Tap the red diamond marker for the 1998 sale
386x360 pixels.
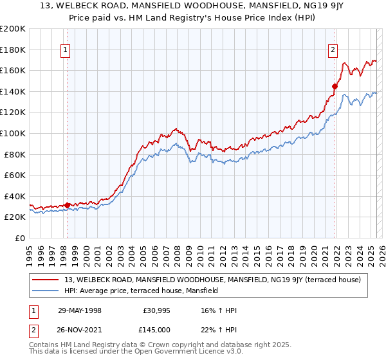pos(68,206)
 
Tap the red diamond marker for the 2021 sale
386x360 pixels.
pos(335,86)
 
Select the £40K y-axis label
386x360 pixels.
pos(15,196)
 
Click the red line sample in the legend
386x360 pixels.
pos(46,280)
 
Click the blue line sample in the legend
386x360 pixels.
pos(46,291)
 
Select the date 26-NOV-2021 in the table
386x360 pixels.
pos(80,331)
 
